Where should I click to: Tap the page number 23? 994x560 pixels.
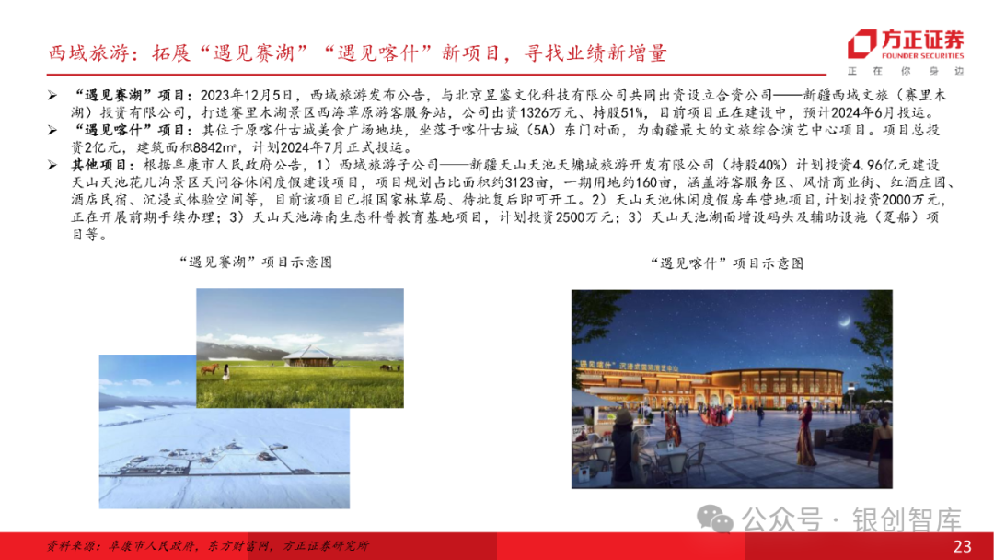962,546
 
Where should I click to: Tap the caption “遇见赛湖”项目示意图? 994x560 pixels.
253,262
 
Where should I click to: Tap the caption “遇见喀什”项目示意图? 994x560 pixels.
732,263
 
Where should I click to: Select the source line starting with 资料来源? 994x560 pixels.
208,545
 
